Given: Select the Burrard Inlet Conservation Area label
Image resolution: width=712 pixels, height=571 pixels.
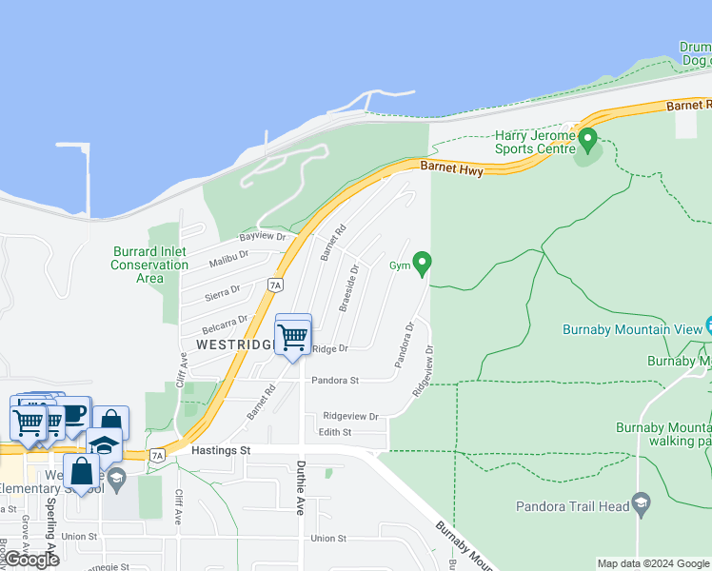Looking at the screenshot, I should pyautogui.click(x=149, y=265).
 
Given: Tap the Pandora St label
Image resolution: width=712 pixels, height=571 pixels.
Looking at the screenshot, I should pyautogui.click(x=334, y=381).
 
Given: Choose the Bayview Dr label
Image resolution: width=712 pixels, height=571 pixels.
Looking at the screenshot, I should pyautogui.click(x=263, y=236).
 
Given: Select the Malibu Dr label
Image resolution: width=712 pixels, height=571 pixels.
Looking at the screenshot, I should pyautogui.click(x=227, y=254).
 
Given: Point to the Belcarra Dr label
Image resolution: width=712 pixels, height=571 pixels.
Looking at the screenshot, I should pyautogui.click(x=229, y=321).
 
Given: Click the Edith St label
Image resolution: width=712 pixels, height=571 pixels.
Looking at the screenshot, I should pyautogui.click(x=335, y=433).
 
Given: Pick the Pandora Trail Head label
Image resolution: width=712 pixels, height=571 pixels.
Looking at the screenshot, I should pyautogui.click(x=573, y=506).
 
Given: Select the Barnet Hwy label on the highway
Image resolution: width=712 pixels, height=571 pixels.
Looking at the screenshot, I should pyautogui.click(x=451, y=169).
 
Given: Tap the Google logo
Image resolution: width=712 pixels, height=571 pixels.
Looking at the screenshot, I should pyautogui.click(x=31, y=560).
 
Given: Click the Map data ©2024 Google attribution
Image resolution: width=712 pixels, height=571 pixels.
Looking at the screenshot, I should pyautogui.click(x=653, y=563).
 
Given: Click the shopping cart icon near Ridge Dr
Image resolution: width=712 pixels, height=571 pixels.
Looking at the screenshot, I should pyautogui.click(x=293, y=335).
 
